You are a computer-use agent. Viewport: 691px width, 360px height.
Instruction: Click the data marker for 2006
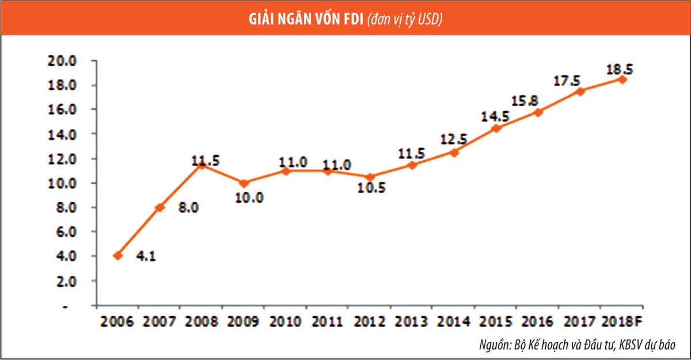pos(117,255)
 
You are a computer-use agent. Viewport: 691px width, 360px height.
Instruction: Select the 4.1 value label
pos(145,256)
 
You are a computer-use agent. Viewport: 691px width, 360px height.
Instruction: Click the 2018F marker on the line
pos(622,79)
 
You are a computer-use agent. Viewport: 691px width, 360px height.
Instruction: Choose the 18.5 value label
pos(619,69)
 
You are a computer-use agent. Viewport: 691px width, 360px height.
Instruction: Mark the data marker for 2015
pos(496,128)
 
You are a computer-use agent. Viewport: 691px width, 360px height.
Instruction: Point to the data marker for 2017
pos(580,91)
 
